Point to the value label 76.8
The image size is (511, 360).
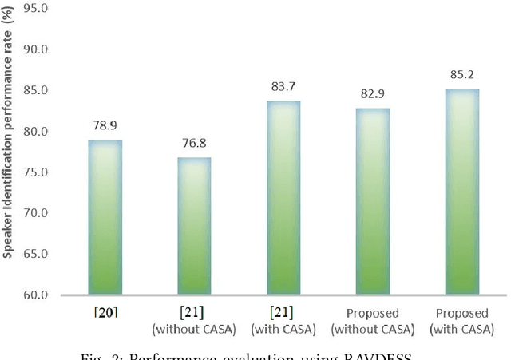tap(194, 144)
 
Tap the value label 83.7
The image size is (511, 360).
tap(283, 87)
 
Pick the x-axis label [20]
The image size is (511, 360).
tap(105, 312)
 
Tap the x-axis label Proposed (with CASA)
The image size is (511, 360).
tap(462, 319)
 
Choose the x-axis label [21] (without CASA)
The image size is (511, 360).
tap(194, 319)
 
